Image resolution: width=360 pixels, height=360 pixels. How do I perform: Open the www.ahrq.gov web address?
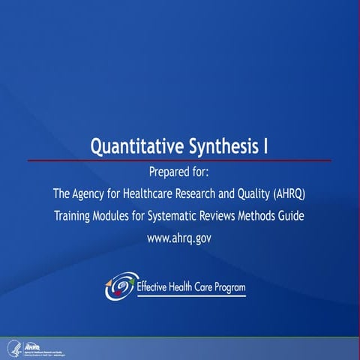pos(180,239)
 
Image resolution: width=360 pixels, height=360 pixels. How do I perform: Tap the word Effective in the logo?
pos(154,286)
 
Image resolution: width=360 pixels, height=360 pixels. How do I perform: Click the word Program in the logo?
pos(227,287)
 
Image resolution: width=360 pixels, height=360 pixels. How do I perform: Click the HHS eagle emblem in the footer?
pos(12,347)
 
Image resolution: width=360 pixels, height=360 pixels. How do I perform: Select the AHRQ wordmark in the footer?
pos(32,345)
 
